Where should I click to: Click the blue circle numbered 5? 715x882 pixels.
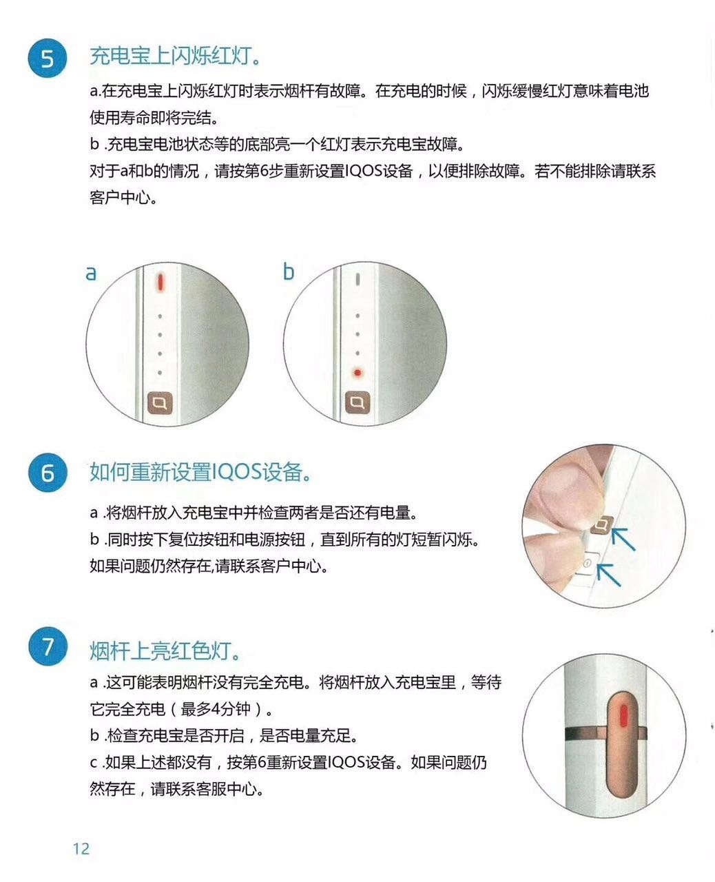tap(47, 58)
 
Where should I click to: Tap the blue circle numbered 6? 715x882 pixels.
tap(47, 474)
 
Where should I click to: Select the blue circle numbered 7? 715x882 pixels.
tap(47, 648)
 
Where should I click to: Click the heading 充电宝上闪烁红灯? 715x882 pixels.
tap(175, 56)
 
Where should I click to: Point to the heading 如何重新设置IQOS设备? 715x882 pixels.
tap(200, 472)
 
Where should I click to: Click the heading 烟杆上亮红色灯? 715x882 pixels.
tap(166, 649)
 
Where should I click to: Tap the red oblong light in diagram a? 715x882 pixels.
tap(160, 282)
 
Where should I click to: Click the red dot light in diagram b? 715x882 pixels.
tap(357, 372)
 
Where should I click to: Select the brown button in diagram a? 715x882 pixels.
tap(160, 402)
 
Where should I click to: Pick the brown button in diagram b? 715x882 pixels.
tap(357, 402)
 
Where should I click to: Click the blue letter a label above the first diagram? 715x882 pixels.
tap(91, 273)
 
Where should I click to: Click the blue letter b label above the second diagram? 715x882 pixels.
tap(289, 271)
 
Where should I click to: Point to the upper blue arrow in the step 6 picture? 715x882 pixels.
tap(624, 537)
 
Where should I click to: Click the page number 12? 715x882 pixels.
tap(81, 848)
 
